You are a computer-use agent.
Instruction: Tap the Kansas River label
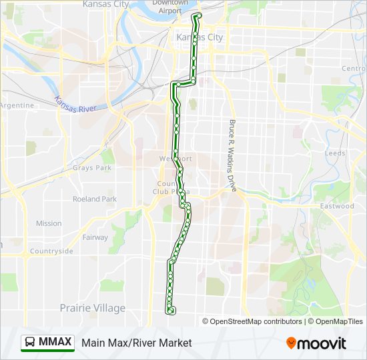tap(76, 103)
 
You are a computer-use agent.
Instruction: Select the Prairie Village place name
tap(92, 308)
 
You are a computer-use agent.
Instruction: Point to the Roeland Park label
tap(95, 199)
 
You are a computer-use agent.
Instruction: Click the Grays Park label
tap(92, 168)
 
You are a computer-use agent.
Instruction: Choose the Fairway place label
tap(95, 237)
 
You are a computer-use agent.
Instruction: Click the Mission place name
tap(49, 223)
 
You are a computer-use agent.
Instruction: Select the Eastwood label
tap(336, 206)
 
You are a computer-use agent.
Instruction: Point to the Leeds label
tap(335, 153)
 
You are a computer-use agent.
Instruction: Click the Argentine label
tap(17, 105)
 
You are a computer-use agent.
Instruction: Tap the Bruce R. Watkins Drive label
tap(233, 156)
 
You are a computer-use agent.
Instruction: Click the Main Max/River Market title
tap(136, 343)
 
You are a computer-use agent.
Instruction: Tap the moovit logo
tap(316, 343)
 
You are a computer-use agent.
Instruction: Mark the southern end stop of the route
tap(171, 311)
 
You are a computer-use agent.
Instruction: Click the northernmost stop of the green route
tap(198, 15)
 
